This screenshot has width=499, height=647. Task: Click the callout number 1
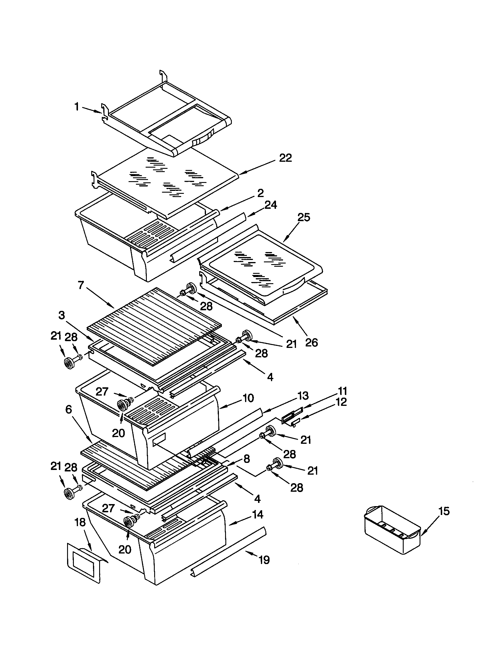77,107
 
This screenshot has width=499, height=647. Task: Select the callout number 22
285,158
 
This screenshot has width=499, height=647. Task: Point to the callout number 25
303,217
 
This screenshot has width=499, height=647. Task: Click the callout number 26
311,343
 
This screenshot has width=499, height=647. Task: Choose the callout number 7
81,285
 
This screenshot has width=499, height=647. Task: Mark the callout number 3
61,315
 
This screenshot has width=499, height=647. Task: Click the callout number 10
248,398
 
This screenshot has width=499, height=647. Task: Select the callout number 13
302,396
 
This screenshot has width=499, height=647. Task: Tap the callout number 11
342,391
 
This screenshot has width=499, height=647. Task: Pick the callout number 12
341,402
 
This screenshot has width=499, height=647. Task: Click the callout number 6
69,410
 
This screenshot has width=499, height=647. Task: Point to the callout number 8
247,459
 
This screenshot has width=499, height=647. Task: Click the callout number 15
444,511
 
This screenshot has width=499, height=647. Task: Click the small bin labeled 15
391,530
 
